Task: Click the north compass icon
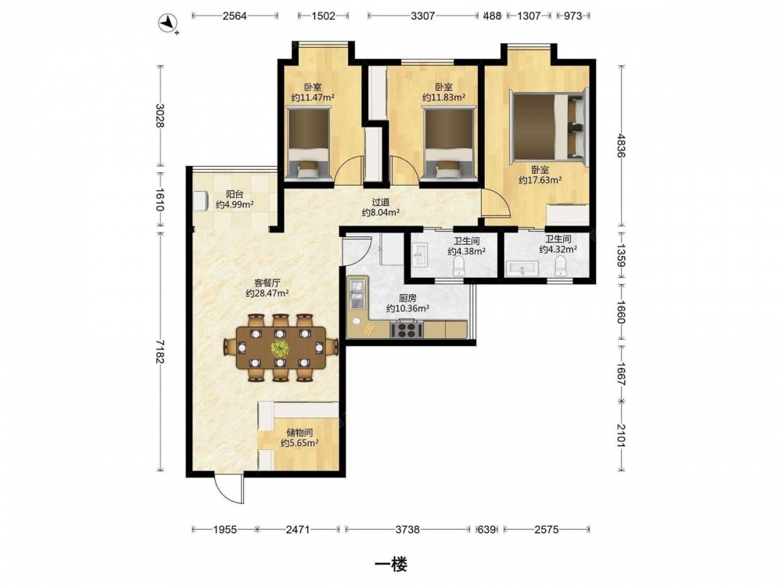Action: point(168,23)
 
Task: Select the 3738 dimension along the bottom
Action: point(407,530)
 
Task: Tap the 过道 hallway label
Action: point(381,203)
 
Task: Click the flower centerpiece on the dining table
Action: point(280,348)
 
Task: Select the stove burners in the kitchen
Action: point(407,330)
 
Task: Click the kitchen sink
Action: point(357,294)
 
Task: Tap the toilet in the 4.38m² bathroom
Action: point(458,267)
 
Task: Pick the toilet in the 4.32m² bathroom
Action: point(561,266)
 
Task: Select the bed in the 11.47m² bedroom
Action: point(308,144)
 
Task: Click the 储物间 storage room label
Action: point(300,432)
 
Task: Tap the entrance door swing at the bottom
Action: point(229,490)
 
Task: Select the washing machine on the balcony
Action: point(201,201)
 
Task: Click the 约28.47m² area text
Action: point(267,293)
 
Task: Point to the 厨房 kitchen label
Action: point(407,298)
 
